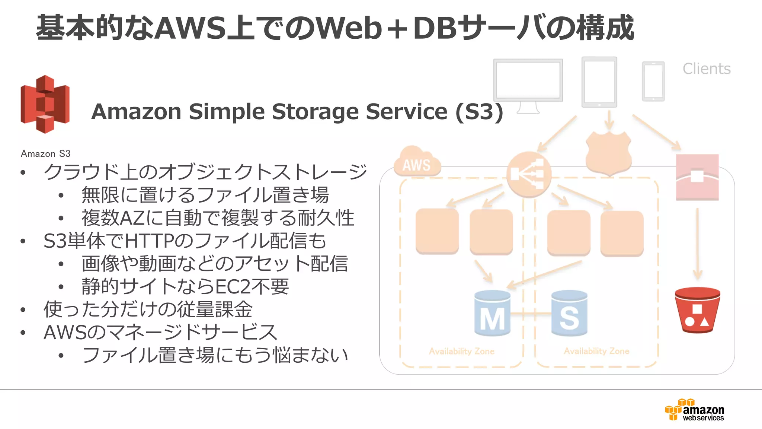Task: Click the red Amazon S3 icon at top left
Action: tap(45, 104)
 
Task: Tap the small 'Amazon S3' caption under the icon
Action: tap(45, 153)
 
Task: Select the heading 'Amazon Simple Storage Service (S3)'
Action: tap(297, 111)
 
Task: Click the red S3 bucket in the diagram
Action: tap(697, 310)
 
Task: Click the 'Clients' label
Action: tap(707, 69)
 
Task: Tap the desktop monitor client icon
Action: tap(528, 84)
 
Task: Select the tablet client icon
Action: tap(599, 82)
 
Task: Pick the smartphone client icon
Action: tap(653, 81)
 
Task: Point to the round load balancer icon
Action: tap(528, 174)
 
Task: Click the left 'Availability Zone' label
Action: tap(461, 351)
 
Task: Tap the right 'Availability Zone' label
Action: tap(596, 351)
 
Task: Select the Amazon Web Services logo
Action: tap(695, 410)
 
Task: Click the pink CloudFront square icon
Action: tap(697, 177)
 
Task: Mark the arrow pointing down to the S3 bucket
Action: tap(697, 244)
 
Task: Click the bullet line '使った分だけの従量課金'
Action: tap(148, 309)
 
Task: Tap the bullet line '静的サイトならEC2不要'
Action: tap(185, 286)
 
